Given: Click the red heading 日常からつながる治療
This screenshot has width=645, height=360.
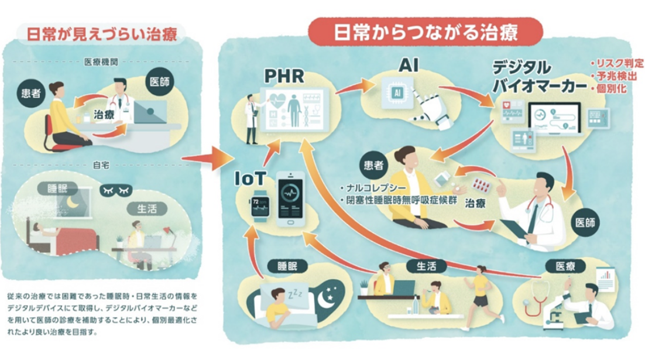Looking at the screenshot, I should [x=426, y=32].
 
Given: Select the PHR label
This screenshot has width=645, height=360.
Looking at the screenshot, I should [x=283, y=76].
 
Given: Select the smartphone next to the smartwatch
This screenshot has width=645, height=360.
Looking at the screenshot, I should [x=290, y=198].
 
